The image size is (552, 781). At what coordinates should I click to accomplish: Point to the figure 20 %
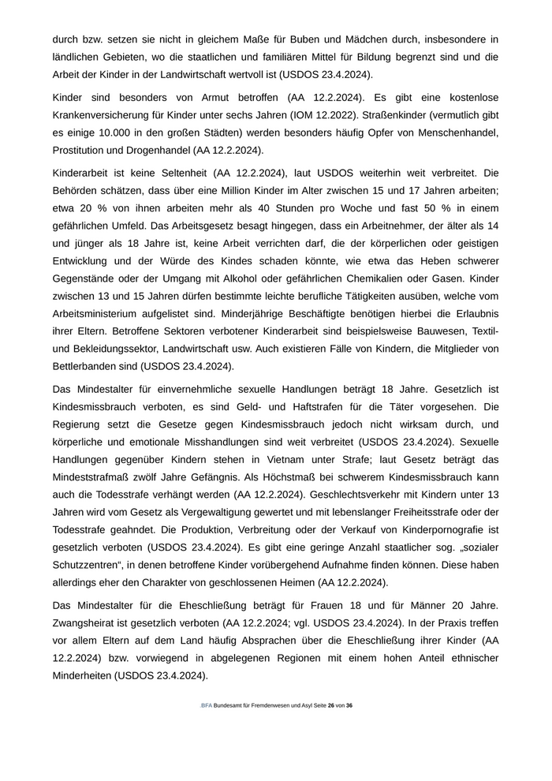tap(84, 207)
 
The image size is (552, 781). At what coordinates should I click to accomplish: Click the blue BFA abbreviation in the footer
tap(206, 705)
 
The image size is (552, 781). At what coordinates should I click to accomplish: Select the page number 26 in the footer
tap(332, 705)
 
